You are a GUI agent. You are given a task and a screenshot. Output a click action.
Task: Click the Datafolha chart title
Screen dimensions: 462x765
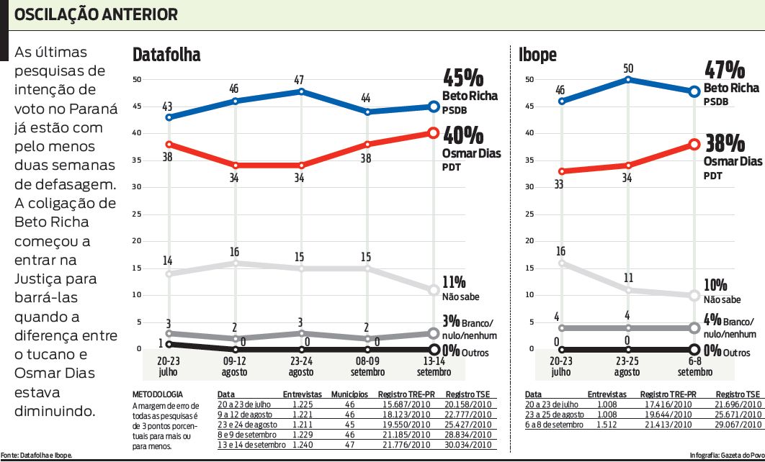[x=166, y=55]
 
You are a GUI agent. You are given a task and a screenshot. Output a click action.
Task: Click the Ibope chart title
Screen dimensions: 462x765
[x=537, y=55]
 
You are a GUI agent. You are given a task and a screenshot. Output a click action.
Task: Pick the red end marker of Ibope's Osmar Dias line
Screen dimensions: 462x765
[x=694, y=144]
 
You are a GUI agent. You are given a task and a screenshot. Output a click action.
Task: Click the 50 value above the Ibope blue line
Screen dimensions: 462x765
[x=627, y=68]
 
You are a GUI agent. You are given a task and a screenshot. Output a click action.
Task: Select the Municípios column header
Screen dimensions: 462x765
[x=349, y=395]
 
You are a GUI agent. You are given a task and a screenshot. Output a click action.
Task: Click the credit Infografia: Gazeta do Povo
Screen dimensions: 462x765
[x=726, y=456]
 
